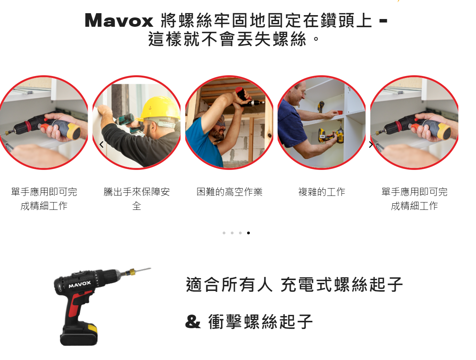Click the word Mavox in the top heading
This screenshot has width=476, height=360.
coord(119,21)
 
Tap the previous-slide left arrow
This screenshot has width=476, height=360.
coord(101,144)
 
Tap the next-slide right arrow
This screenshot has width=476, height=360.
coord(371,144)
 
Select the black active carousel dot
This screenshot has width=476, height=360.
coord(248,233)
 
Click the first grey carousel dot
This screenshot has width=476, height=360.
coord(224,233)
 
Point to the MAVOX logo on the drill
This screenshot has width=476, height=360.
coord(80,284)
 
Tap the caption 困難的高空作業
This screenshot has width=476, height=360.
coord(229,192)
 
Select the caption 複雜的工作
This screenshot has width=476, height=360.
coord(322,192)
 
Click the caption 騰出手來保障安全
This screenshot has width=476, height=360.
coord(137,199)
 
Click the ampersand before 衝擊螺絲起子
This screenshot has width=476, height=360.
coord(193,322)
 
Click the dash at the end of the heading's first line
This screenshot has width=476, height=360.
coord(383,21)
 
